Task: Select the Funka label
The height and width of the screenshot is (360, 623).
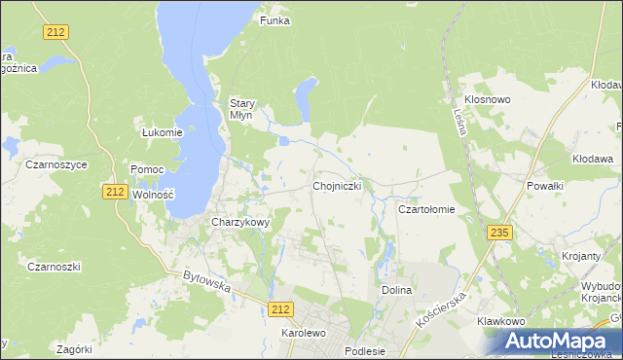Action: tap(275, 20)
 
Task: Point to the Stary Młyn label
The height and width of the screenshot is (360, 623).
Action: tap(241, 108)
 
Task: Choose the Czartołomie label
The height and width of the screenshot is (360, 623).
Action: tap(426, 209)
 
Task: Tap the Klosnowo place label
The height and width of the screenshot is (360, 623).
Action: tap(488, 100)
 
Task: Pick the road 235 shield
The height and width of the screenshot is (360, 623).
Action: tap(500, 233)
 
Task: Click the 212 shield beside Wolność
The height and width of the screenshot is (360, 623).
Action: tap(115, 192)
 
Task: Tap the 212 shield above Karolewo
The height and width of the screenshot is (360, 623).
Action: tap(280, 308)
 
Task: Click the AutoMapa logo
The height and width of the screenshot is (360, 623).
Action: tap(557, 341)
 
